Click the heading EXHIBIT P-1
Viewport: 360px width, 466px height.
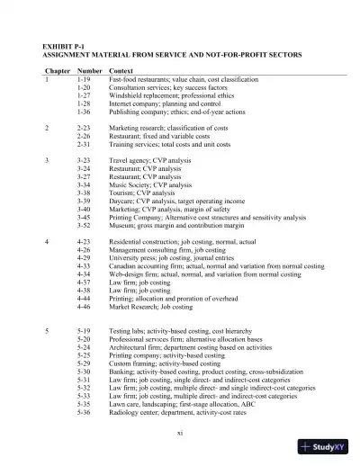pos(65,44)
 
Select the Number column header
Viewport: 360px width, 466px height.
pos(89,69)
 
